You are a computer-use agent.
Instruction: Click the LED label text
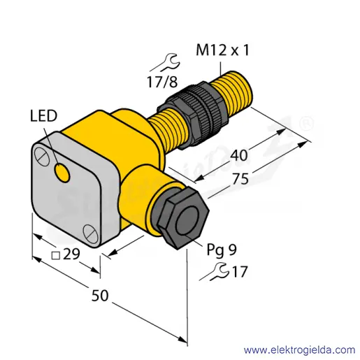click(x=43, y=116)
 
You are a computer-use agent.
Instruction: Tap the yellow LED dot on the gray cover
click(x=62, y=173)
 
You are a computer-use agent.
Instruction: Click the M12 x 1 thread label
click(x=222, y=50)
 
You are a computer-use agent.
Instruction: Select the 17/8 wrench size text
click(x=162, y=82)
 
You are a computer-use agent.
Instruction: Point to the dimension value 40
click(x=238, y=155)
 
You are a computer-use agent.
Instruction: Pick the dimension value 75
click(x=240, y=179)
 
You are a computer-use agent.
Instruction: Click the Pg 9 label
click(x=222, y=250)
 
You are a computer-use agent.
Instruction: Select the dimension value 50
click(x=100, y=296)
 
